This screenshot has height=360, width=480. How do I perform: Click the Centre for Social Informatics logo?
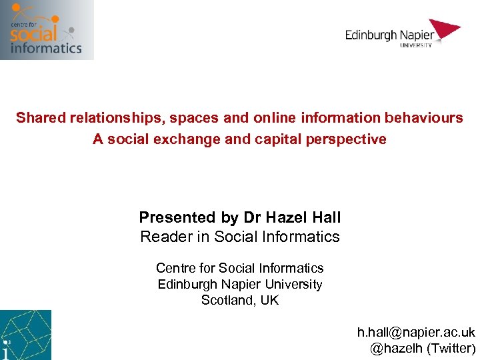47,30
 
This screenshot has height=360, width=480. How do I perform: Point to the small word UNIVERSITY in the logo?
416,45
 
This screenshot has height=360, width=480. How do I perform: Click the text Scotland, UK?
240,301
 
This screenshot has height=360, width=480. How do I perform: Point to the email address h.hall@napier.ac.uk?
416,332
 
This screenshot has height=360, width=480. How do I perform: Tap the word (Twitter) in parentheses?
451,348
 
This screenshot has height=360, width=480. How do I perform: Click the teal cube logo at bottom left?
25,335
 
